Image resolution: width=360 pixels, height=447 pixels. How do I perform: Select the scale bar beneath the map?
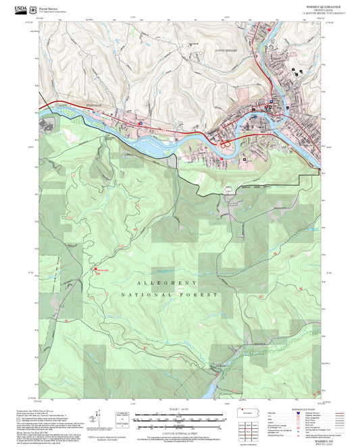point(178,413)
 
